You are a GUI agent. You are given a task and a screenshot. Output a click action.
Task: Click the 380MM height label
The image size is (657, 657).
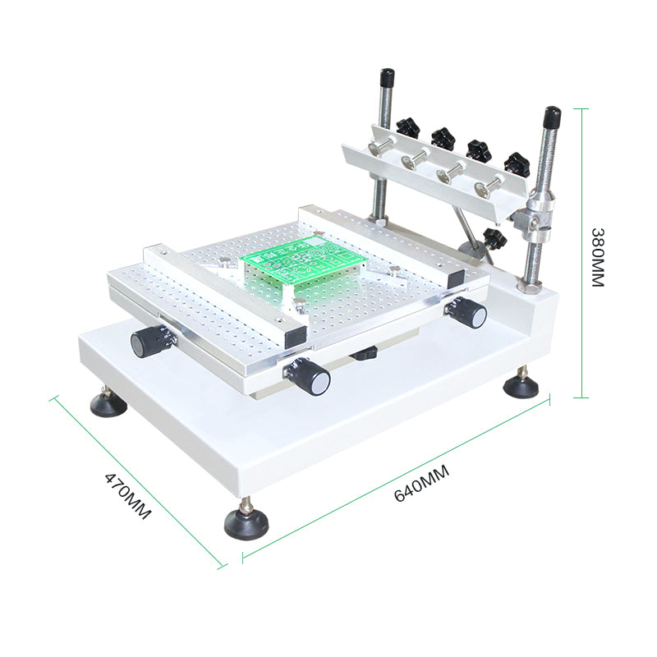tap(597, 256)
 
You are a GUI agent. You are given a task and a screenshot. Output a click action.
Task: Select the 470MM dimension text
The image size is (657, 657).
tap(128, 495)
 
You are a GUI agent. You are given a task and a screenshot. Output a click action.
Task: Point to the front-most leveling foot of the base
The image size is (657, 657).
tap(246, 521)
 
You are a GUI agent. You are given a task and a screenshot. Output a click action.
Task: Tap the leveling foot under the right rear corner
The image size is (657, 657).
tap(521, 384)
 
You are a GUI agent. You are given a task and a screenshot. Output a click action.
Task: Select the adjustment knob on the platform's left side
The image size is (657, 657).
tap(150, 340)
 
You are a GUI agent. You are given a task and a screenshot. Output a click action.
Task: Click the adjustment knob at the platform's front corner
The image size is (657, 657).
tap(310, 379)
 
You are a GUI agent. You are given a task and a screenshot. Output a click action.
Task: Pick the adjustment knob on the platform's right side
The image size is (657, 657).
tap(469, 314)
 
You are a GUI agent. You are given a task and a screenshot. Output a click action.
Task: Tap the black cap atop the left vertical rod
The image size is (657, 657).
tap(386, 78)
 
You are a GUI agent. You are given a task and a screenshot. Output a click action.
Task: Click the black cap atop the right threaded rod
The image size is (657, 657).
tap(551, 116)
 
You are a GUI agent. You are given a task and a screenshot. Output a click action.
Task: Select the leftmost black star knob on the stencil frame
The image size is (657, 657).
tap(408, 127)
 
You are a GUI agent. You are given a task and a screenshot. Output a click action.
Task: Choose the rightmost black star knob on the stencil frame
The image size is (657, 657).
tap(517, 162)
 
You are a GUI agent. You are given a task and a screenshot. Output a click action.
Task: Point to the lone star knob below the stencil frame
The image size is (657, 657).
tap(494, 239)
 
